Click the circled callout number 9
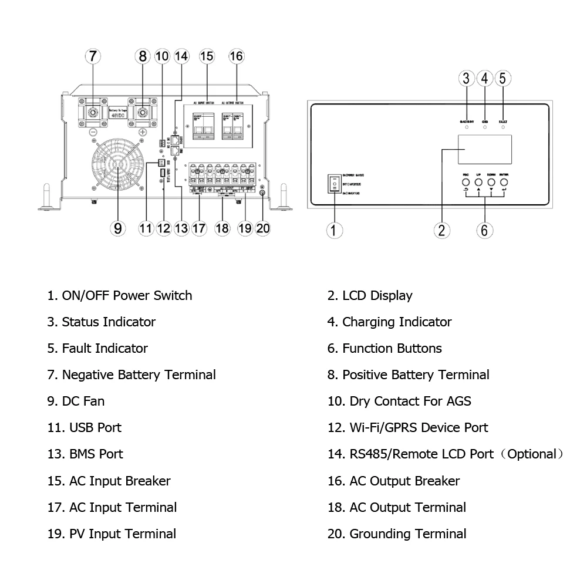pyautogui.click(x=119, y=228)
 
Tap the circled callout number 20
pyautogui.click(x=263, y=228)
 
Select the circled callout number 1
pyautogui.click(x=334, y=230)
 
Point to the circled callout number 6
pyautogui.click(x=484, y=230)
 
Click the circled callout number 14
pyautogui.click(x=182, y=56)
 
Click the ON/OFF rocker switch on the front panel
pyautogui.click(x=334, y=183)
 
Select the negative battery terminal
pyautogui.click(x=93, y=112)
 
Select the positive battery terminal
pyautogui.click(x=143, y=112)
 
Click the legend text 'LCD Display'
pyautogui.click(x=377, y=296)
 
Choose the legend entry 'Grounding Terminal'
pyautogui.click(x=407, y=534)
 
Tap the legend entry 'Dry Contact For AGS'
pyautogui.click(x=410, y=402)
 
